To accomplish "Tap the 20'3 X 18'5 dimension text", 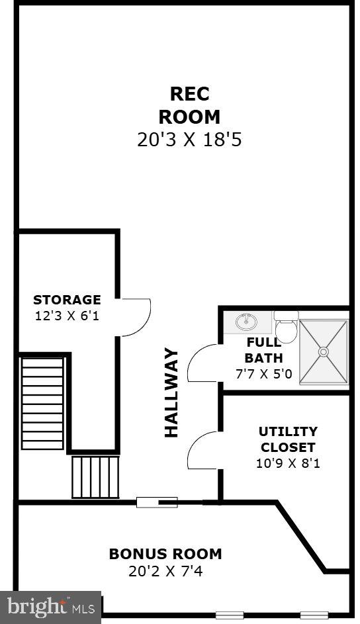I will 189,140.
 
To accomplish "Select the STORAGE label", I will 67,300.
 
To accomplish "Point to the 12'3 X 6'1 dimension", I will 67,316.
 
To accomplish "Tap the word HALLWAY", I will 171,392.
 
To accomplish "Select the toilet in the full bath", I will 286,326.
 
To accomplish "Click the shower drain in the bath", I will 323,352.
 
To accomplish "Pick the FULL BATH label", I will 264,350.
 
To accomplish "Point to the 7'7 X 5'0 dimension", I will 264,373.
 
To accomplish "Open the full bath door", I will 202,363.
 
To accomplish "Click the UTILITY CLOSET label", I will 288,439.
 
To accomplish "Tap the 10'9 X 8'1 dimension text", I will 288,463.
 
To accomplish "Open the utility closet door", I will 202,450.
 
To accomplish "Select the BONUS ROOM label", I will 165,554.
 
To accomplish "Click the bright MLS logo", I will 51,607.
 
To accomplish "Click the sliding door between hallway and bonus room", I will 157,502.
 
